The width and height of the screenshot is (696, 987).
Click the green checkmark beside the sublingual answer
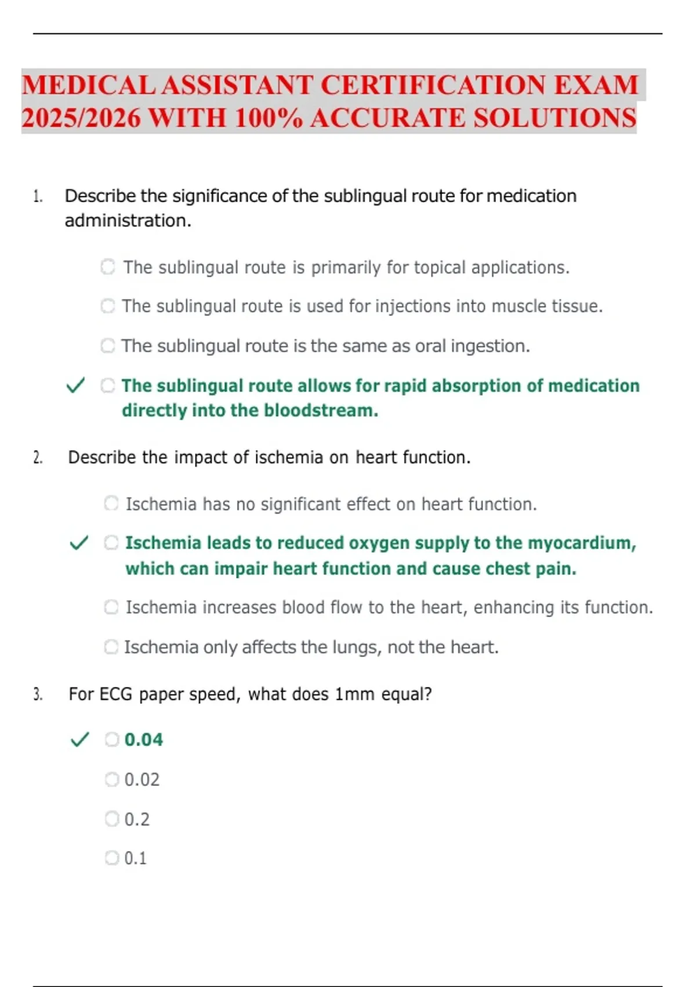tap(75, 385)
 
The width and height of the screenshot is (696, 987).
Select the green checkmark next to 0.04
tap(79, 740)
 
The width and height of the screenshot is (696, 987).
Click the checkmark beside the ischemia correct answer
tap(79, 543)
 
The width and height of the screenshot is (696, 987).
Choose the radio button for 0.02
tap(111, 779)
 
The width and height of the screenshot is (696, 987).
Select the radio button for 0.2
tap(111, 819)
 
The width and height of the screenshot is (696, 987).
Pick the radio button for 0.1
tap(111, 858)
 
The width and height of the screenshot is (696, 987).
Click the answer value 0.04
tap(144, 740)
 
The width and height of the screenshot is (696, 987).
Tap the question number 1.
tap(38, 197)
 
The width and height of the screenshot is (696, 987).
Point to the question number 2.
tap(38, 458)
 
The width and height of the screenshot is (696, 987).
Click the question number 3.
tap(38, 694)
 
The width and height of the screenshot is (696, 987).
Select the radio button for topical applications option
tap(108, 267)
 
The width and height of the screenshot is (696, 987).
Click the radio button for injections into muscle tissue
tap(108, 306)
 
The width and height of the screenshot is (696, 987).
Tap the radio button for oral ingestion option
tap(108, 345)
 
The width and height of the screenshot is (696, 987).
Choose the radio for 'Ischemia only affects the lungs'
tap(111, 647)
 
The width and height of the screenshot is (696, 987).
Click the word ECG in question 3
tap(116, 694)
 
